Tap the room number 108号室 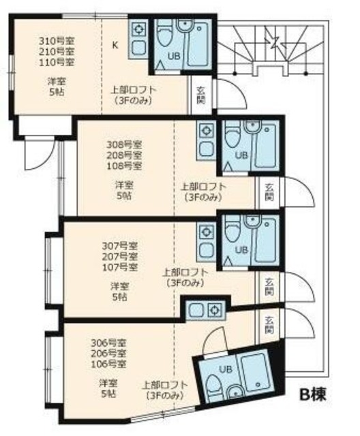pyautogui.click(x=124, y=166)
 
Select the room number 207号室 pyautogui.click(x=120, y=255)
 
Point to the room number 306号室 pyautogui.click(x=108, y=343)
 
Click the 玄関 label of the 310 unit pyautogui.click(x=201, y=94)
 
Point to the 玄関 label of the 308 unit pyautogui.click(x=269, y=191)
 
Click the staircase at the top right pyautogui.click(x=273, y=48)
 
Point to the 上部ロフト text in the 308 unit pyautogui.click(x=204, y=186)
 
